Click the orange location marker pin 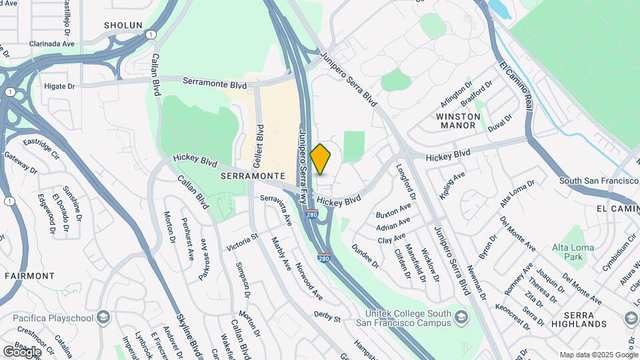tap(321, 159)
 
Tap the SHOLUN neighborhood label tap(123, 25)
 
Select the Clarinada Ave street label tap(51, 43)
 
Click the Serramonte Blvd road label tap(215, 83)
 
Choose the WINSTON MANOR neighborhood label tap(458, 121)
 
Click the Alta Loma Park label tap(569, 252)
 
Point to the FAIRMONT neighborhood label tap(29, 275)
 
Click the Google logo tap(23, 351)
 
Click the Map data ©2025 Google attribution tap(598, 355)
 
